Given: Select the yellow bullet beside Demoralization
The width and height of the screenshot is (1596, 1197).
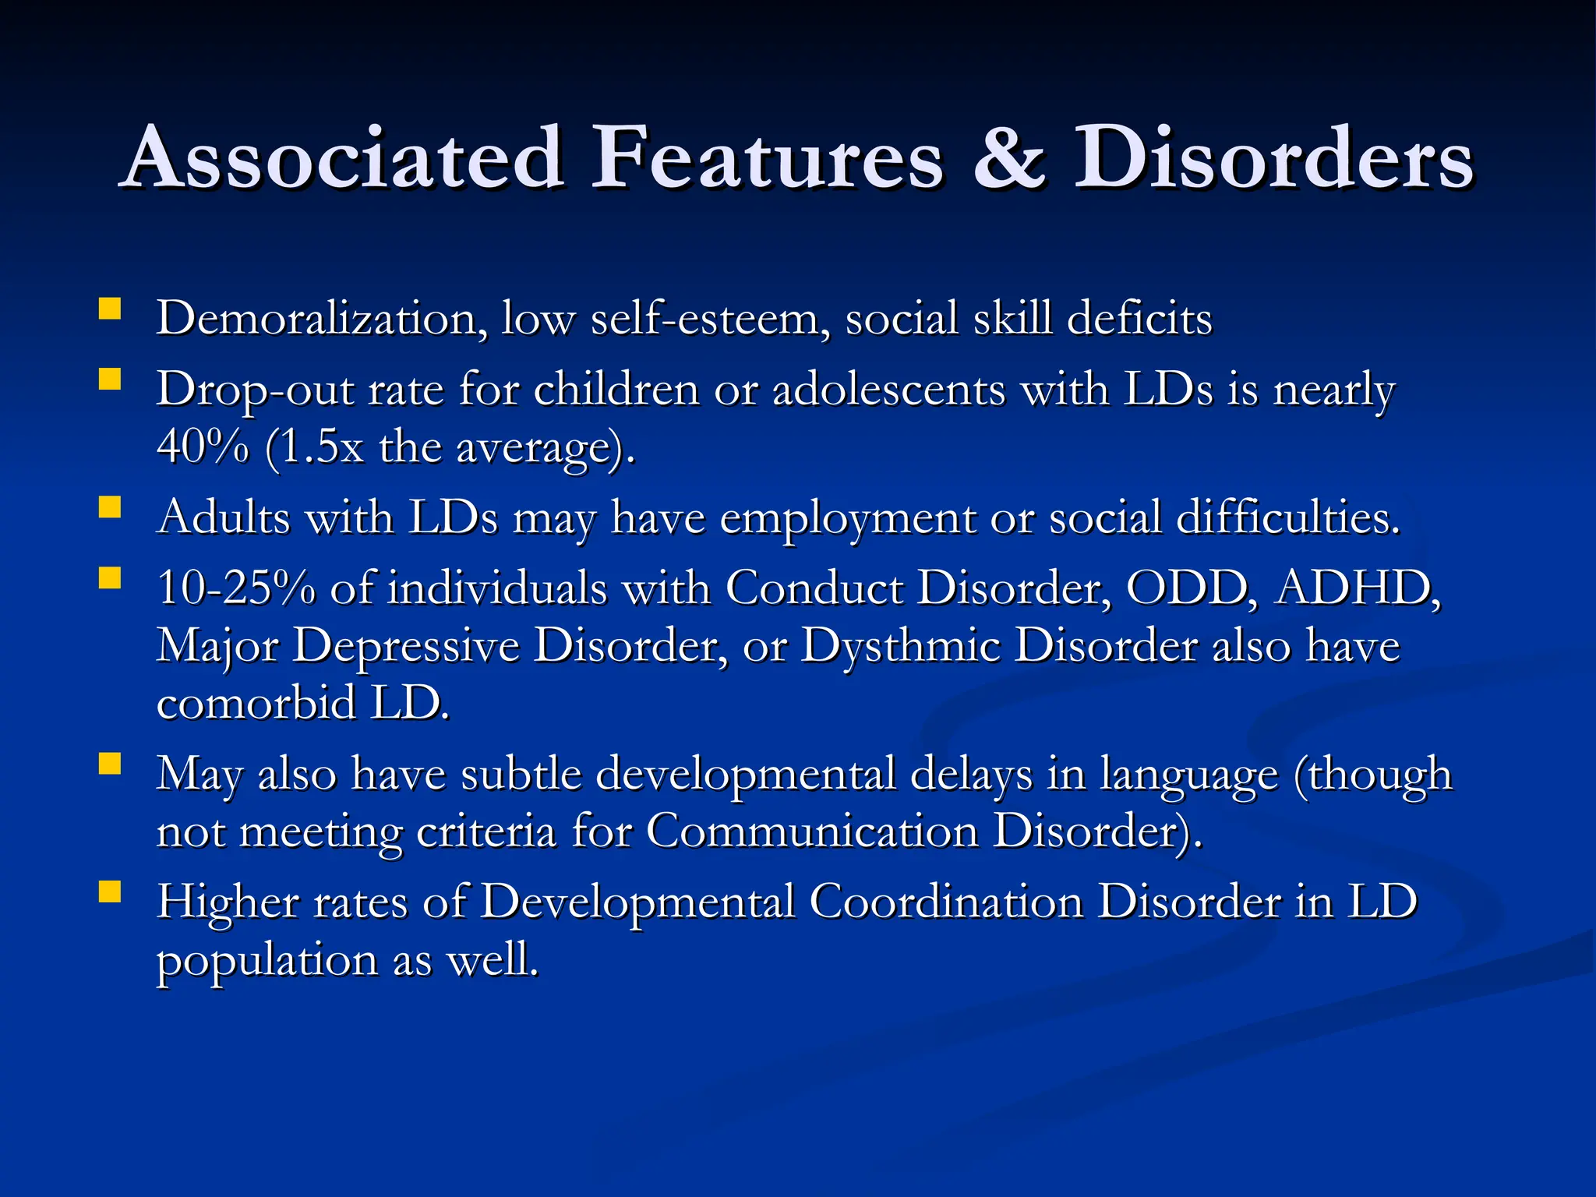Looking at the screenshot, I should pos(110,309).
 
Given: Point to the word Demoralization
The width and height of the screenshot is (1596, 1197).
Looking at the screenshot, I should pos(322,319).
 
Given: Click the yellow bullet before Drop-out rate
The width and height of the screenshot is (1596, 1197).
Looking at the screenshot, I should pos(110,380).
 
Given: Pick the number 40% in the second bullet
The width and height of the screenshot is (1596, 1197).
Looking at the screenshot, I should pos(203,447).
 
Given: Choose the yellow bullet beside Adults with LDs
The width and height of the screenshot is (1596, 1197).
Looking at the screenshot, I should pos(110,508).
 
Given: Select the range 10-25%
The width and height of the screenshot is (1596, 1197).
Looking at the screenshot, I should pos(236,588).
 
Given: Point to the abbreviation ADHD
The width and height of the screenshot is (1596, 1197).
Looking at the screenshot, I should pos(1357,588).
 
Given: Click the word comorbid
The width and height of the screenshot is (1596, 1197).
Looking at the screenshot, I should pos(256,703).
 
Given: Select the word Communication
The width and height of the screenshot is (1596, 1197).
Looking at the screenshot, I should pos(812,832).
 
